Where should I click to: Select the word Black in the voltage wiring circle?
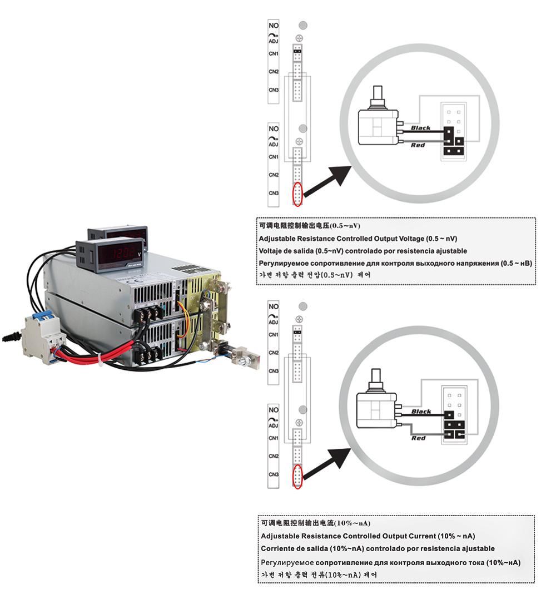(x=420, y=128)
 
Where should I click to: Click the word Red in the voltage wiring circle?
(x=418, y=145)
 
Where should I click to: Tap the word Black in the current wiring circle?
(x=421, y=412)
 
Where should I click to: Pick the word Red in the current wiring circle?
(x=419, y=438)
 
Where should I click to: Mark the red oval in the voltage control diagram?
(x=298, y=194)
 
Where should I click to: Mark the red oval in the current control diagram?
(x=298, y=476)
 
